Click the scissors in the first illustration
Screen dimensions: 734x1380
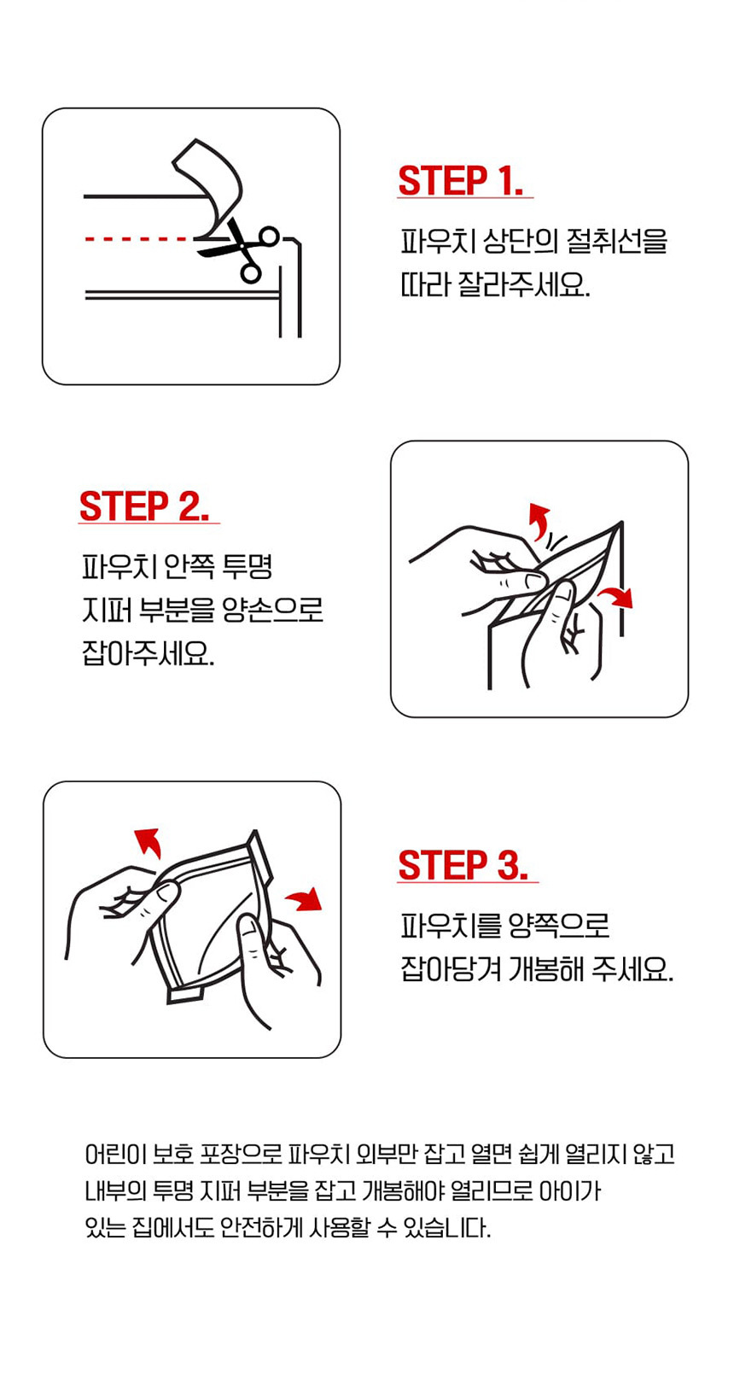point(240,249)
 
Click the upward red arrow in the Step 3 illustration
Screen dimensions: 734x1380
point(149,841)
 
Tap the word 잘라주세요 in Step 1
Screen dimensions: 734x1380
point(523,284)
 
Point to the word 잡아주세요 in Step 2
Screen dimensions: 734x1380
point(148,653)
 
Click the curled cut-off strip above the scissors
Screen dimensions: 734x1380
point(207,184)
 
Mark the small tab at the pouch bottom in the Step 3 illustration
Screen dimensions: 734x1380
point(186,994)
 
